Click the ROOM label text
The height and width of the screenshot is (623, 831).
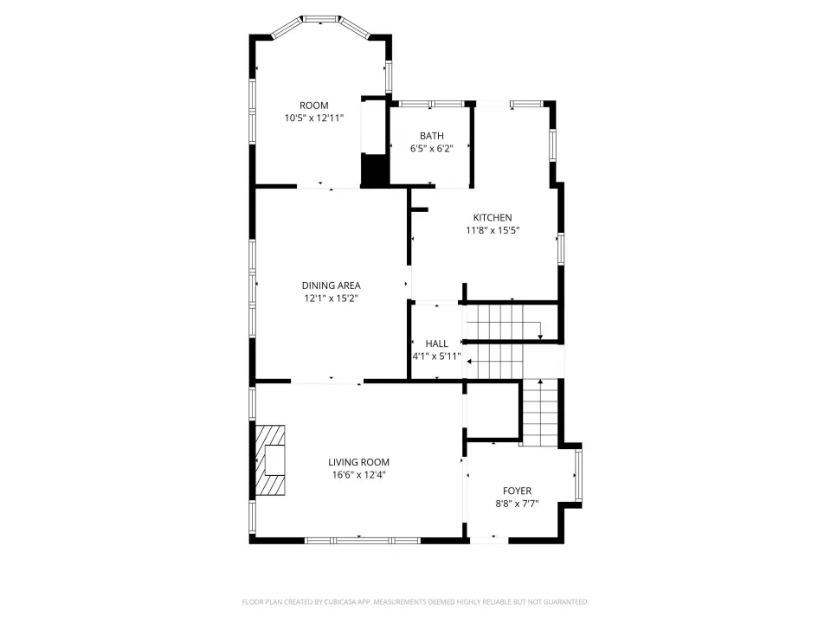point(313,106)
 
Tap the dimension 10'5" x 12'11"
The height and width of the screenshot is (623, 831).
point(314,119)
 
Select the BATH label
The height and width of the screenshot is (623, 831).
point(432,136)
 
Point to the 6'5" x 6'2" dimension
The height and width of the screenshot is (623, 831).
point(432,149)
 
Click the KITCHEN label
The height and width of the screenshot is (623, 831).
point(493,218)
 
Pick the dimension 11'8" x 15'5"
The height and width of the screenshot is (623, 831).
point(493,230)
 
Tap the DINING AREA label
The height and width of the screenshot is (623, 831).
point(332,286)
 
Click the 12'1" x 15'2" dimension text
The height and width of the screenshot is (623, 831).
point(332,299)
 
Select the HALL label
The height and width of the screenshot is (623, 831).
point(436,344)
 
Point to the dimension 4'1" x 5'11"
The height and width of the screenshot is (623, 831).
point(436,356)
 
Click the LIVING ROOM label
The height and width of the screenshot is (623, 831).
point(358,462)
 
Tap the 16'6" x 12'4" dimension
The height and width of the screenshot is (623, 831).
point(358,475)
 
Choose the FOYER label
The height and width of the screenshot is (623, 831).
point(518,491)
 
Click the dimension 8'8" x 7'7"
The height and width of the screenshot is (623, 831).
point(518,504)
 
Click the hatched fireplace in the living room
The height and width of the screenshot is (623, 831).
point(270,460)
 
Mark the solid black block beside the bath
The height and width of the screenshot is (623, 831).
point(375,170)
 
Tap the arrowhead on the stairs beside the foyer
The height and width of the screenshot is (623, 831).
point(540,382)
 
